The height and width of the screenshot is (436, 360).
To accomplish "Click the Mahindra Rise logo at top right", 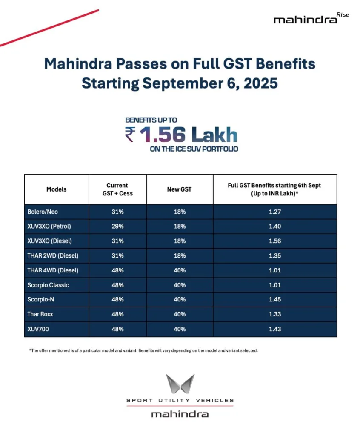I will pos(311,19).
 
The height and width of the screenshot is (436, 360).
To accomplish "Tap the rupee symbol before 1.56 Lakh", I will pos(131,135).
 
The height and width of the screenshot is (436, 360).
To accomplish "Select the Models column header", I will pos(57,189).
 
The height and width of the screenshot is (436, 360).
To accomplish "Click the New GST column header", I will pos(179,189).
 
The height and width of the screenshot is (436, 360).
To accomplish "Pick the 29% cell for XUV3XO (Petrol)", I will pos(117,226).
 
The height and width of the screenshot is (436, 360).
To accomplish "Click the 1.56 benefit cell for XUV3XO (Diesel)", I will pos(275,241).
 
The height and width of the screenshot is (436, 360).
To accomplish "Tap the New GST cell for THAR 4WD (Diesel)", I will pos(179,270).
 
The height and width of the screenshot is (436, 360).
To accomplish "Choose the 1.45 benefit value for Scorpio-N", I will pos(275,299).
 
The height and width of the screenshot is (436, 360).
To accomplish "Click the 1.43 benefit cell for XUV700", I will pos(275,329).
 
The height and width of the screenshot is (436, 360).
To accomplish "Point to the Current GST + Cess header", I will pos(117,189).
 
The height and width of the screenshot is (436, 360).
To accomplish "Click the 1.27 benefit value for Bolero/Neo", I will pos(275,211).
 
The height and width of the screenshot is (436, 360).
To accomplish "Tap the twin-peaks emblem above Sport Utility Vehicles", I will pos(180,384).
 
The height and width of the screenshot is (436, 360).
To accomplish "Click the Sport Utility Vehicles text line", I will pos(180,400).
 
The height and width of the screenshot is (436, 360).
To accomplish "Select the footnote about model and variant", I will pos(144,350).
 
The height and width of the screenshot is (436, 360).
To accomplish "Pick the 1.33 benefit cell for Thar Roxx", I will pos(275,314).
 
